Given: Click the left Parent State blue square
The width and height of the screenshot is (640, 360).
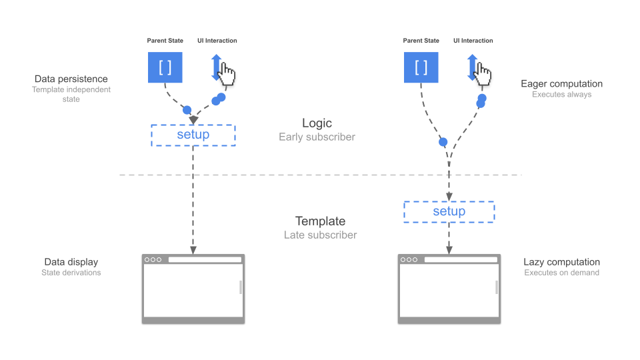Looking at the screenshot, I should coord(165,67).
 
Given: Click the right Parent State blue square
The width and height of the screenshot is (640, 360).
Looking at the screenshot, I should coord(421,67).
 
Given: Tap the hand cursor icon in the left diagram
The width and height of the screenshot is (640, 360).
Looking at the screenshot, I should coord(227,74).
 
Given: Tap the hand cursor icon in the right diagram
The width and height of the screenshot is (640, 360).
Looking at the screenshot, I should coord(483,74).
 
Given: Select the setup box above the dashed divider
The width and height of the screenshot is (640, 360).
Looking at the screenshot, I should coord(193,135).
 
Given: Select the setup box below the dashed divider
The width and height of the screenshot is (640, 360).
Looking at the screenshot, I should coord(449,212).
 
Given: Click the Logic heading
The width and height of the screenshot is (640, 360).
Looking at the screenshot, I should coord(317,123).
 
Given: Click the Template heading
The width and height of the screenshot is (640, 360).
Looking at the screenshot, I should coord(320,221).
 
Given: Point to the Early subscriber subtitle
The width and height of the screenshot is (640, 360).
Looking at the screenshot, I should coord(317,137).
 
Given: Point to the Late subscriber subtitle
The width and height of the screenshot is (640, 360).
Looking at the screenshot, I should coord(320,235).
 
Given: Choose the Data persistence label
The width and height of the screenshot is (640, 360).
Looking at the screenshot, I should coord(71,79).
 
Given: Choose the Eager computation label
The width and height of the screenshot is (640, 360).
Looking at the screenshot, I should coord(561,84).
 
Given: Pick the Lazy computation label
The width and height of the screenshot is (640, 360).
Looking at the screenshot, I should coord(561,262).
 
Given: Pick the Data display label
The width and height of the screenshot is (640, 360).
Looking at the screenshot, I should coord(71,262).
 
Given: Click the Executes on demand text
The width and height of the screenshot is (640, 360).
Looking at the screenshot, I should coord(561,273).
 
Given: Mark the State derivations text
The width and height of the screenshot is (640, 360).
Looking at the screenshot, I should coord(71,273).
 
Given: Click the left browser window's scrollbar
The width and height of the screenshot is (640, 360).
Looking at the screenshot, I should coord(241,287).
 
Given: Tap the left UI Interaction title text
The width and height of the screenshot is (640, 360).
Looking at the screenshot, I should coord(217,41).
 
